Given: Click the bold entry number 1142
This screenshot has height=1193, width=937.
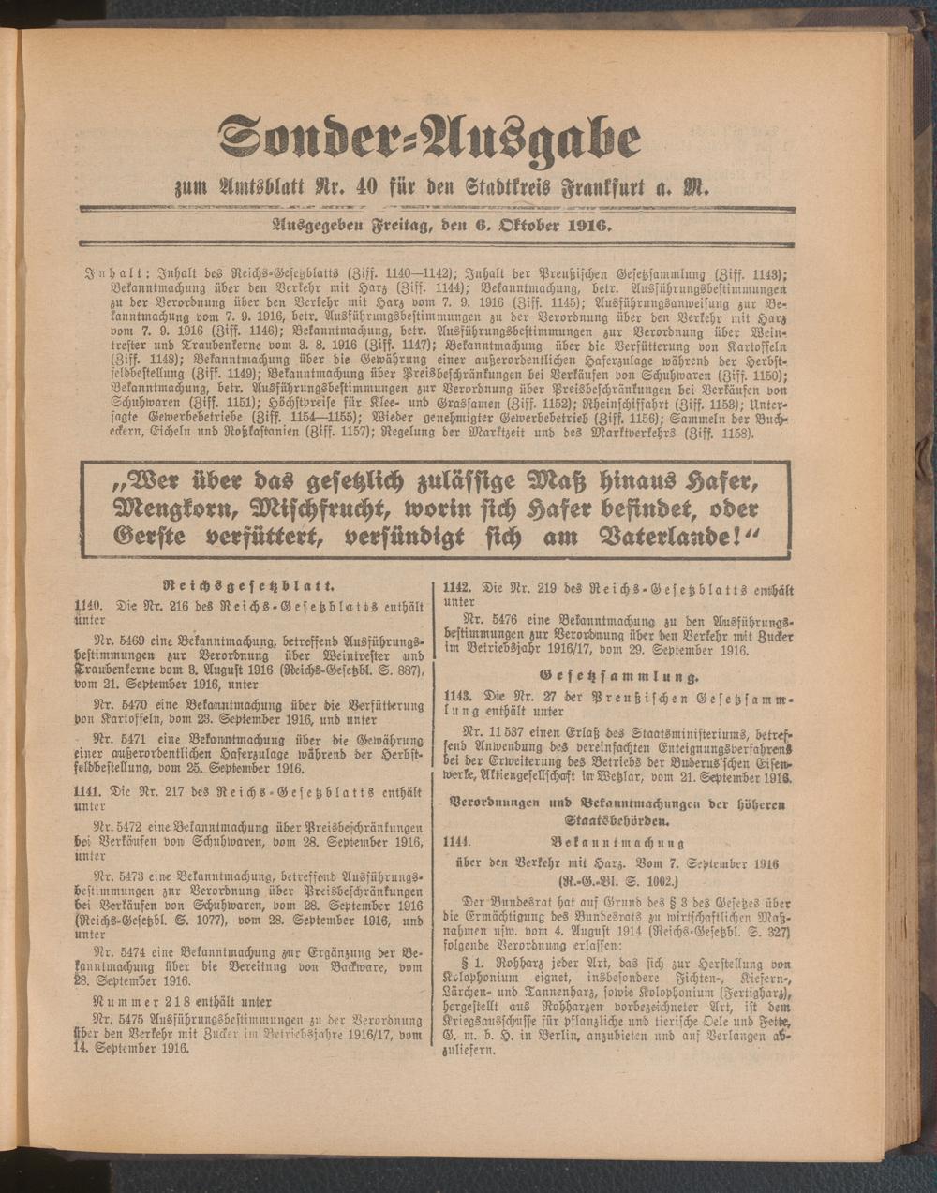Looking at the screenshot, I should [458, 589].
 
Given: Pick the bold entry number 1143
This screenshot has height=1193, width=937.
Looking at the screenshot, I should [458, 699].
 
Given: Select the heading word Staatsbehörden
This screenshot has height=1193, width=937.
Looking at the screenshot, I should [617, 821].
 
